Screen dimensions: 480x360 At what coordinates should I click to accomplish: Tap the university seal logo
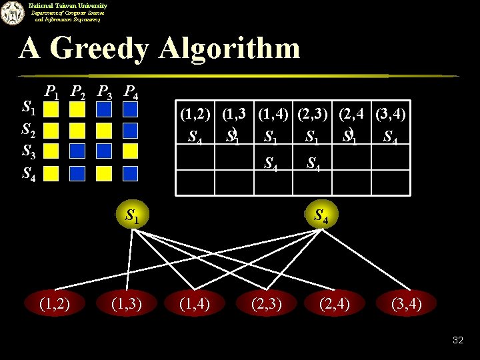pos(11,13)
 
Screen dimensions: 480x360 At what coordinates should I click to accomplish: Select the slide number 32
pos(457,340)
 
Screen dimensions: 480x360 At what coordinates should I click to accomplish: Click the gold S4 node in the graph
pos(320,215)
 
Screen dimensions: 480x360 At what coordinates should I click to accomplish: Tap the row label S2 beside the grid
pos(29,128)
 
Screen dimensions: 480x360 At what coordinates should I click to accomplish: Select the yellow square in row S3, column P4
pos(131,151)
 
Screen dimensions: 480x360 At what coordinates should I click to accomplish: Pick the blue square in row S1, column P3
pos(104,107)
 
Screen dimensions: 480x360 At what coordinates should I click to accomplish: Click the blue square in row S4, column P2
pos(78,173)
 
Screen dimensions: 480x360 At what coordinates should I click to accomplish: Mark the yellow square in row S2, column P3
pos(104,129)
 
